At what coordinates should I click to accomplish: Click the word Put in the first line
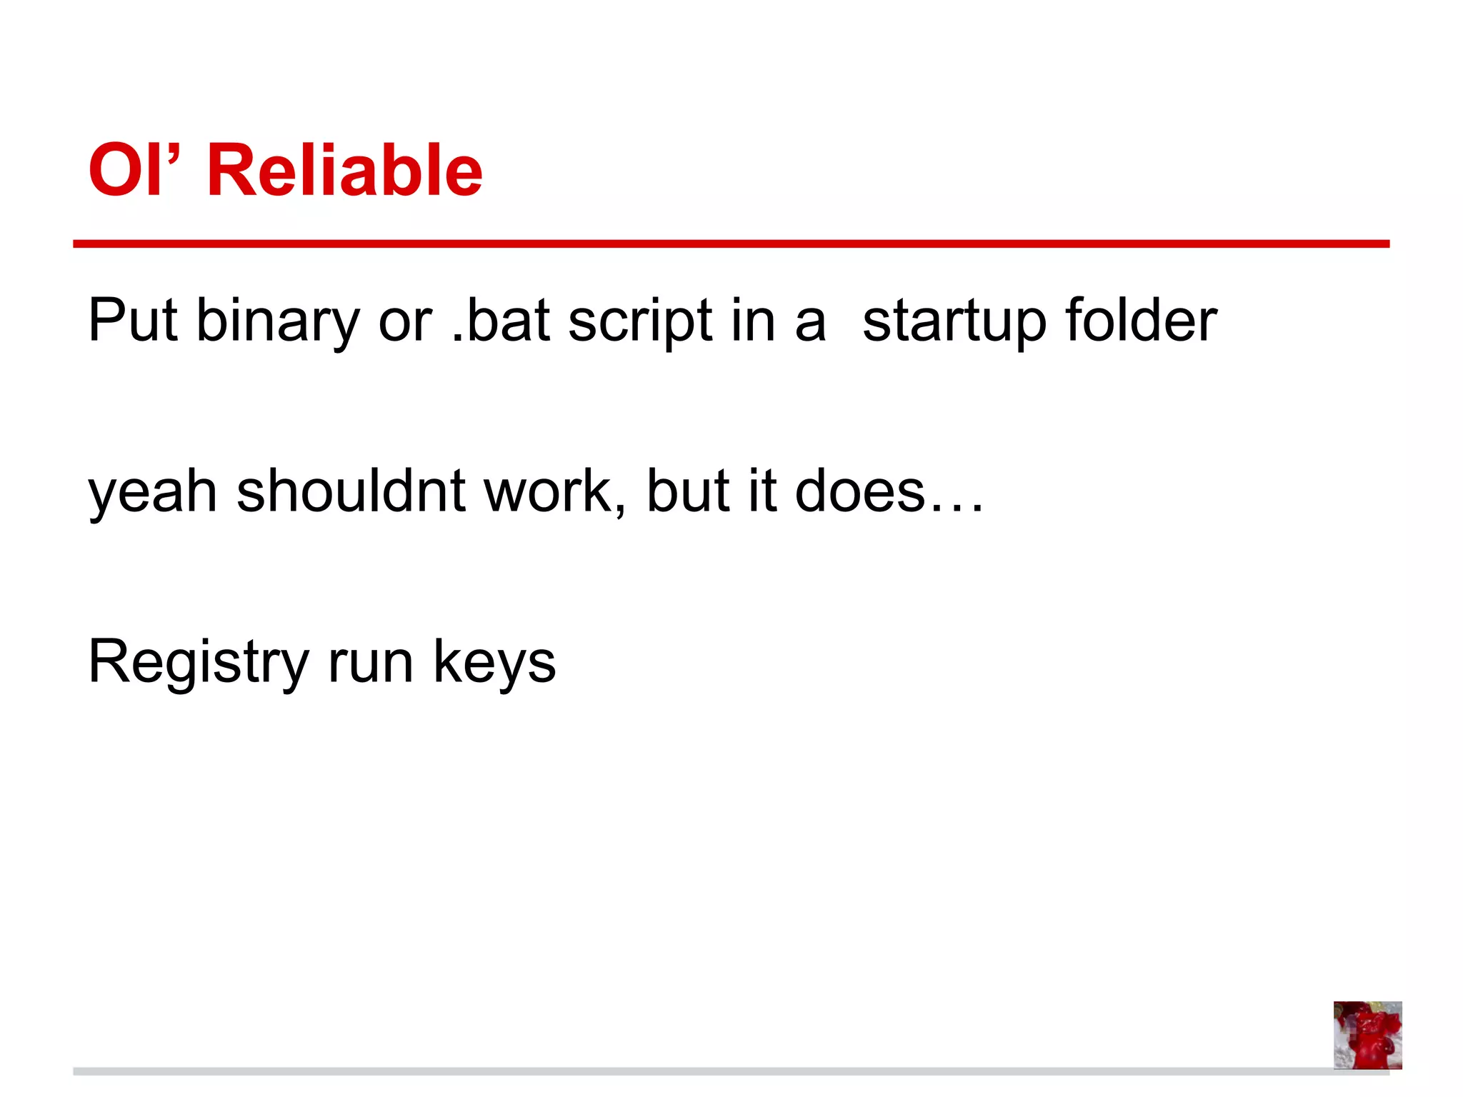coord(132,320)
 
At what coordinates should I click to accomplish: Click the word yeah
coord(152,493)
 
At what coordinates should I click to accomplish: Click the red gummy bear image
coord(1367,1035)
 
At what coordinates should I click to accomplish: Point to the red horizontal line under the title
coord(731,244)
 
